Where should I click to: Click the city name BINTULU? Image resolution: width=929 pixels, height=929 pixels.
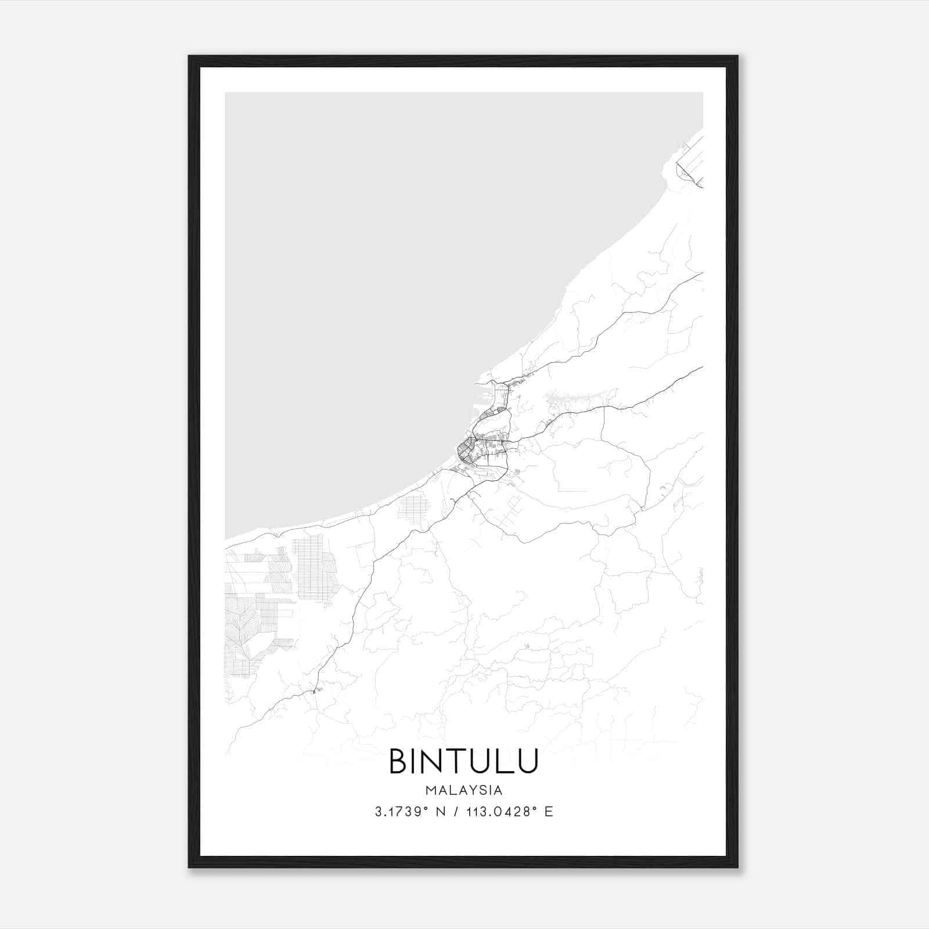pos(464,761)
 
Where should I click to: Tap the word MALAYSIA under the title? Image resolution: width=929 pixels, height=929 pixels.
pos(464,790)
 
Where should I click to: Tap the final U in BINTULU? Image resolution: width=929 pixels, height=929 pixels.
pos(526,761)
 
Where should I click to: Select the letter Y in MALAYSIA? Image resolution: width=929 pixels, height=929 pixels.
pos(473,790)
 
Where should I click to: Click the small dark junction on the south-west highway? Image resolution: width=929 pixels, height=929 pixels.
pos(315,690)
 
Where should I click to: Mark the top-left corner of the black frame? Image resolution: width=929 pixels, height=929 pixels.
pos(189,56)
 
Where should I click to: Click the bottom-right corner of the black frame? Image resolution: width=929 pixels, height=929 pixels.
pos(737,867)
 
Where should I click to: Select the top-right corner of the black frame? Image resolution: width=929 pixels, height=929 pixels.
pos(737,56)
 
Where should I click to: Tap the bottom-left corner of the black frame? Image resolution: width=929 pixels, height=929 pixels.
pos(189,867)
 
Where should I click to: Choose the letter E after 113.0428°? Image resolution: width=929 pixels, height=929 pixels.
pos(549,812)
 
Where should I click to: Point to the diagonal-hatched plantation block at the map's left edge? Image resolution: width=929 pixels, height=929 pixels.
pos(241,633)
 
